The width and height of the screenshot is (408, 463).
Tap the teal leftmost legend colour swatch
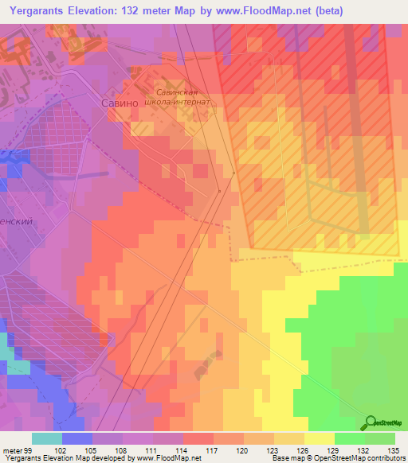coord(46,438)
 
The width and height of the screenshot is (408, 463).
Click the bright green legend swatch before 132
coord(349,438)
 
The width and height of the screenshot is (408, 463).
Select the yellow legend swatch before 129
coord(319,438)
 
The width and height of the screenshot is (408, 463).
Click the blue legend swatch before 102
coord(76,438)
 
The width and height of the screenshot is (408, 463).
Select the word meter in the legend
coord(13,450)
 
